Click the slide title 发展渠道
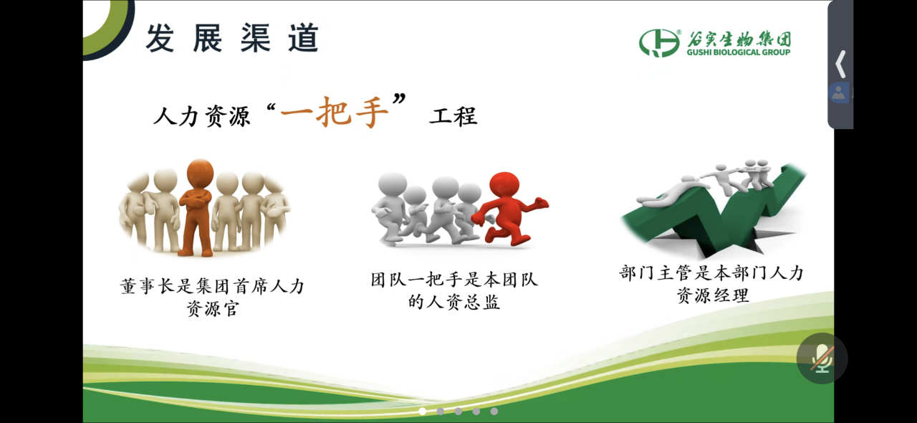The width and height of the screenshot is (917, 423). point(231,38)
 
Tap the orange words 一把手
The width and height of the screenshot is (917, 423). point(333,113)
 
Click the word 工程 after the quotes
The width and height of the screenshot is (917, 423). point(453,115)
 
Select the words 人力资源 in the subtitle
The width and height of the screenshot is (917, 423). point(201,116)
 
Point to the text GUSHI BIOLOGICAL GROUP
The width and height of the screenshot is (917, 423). point(739,52)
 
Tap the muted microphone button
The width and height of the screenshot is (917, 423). point(822,358)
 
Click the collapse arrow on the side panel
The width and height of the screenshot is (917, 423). point(840,64)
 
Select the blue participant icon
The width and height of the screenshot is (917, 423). point(838,93)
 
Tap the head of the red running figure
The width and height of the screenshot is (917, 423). point(504,187)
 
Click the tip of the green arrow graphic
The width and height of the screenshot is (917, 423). point(798,167)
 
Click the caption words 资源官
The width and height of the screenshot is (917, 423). point(213,308)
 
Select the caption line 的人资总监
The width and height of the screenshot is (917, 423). point(453,302)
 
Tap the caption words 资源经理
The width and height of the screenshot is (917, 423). point(713,295)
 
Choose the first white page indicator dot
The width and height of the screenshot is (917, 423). point(423,411)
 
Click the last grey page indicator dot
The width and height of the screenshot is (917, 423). point(494,411)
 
